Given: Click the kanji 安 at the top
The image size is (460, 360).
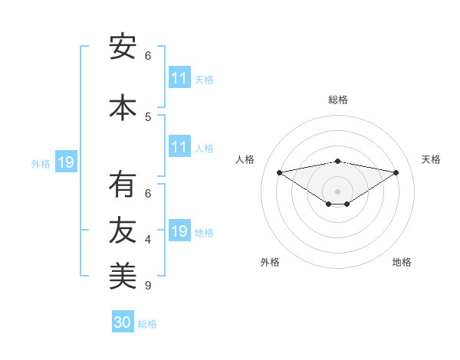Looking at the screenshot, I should point(123,47).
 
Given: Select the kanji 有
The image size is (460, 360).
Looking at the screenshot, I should point(123,185).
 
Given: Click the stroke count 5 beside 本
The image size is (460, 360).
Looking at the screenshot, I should point(148,116).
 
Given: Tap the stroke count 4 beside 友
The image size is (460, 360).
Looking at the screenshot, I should point(148,240).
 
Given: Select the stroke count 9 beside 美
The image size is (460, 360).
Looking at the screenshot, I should point(148,286).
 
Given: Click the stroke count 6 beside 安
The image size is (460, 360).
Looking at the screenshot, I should point(148,56).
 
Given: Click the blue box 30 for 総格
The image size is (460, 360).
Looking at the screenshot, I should point(123,322).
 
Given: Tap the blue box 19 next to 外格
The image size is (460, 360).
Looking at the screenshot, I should point(65,162).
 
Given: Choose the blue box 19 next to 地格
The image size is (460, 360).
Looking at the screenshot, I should point(179,231).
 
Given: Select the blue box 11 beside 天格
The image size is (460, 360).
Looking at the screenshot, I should point(179,78).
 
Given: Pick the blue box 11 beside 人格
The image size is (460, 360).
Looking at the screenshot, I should point(179,147).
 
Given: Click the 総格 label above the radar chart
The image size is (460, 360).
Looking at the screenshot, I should point(338,100).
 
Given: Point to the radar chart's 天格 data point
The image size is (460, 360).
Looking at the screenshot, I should point(396,172).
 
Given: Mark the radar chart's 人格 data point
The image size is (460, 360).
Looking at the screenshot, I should point(279,172).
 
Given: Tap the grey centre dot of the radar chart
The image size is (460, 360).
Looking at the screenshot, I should point(337,191).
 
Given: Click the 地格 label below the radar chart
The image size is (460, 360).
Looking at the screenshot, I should point(402,262).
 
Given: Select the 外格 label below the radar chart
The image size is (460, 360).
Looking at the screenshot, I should point(270,262).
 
